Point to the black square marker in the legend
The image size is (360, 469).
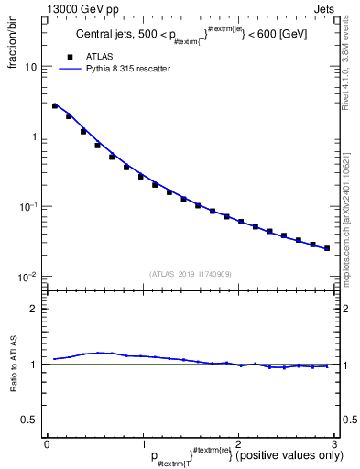pyautogui.click(x=69, y=56)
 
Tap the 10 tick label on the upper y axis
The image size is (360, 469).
pyautogui.click(x=31, y=67)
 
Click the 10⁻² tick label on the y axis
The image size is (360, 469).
pyautogui.click(x=28, y=276)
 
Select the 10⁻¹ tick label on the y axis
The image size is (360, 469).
pyautogui.click(x=28, y=206)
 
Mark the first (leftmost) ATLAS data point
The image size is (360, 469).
pyautogui.click(x=55, y=106)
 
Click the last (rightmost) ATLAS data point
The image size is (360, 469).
pyautogui.click(x=327, y=248)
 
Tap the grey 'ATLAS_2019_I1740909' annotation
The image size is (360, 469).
pyautogui.click(x=191, y=274)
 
